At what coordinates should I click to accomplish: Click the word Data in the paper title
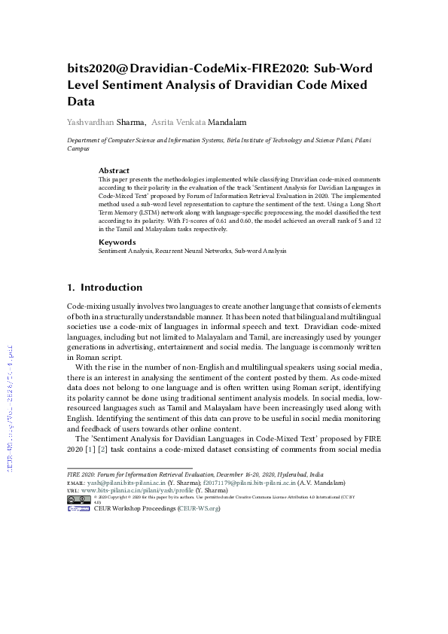[x=81, y=100]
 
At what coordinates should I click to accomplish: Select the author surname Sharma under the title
[x=132, y=122]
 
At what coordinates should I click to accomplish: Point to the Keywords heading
[x=117, y=242]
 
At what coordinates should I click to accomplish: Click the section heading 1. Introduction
[x=105, y=288]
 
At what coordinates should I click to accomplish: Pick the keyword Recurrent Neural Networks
[x=194, y=251]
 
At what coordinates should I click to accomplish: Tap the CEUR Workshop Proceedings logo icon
[x=79, y=509]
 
